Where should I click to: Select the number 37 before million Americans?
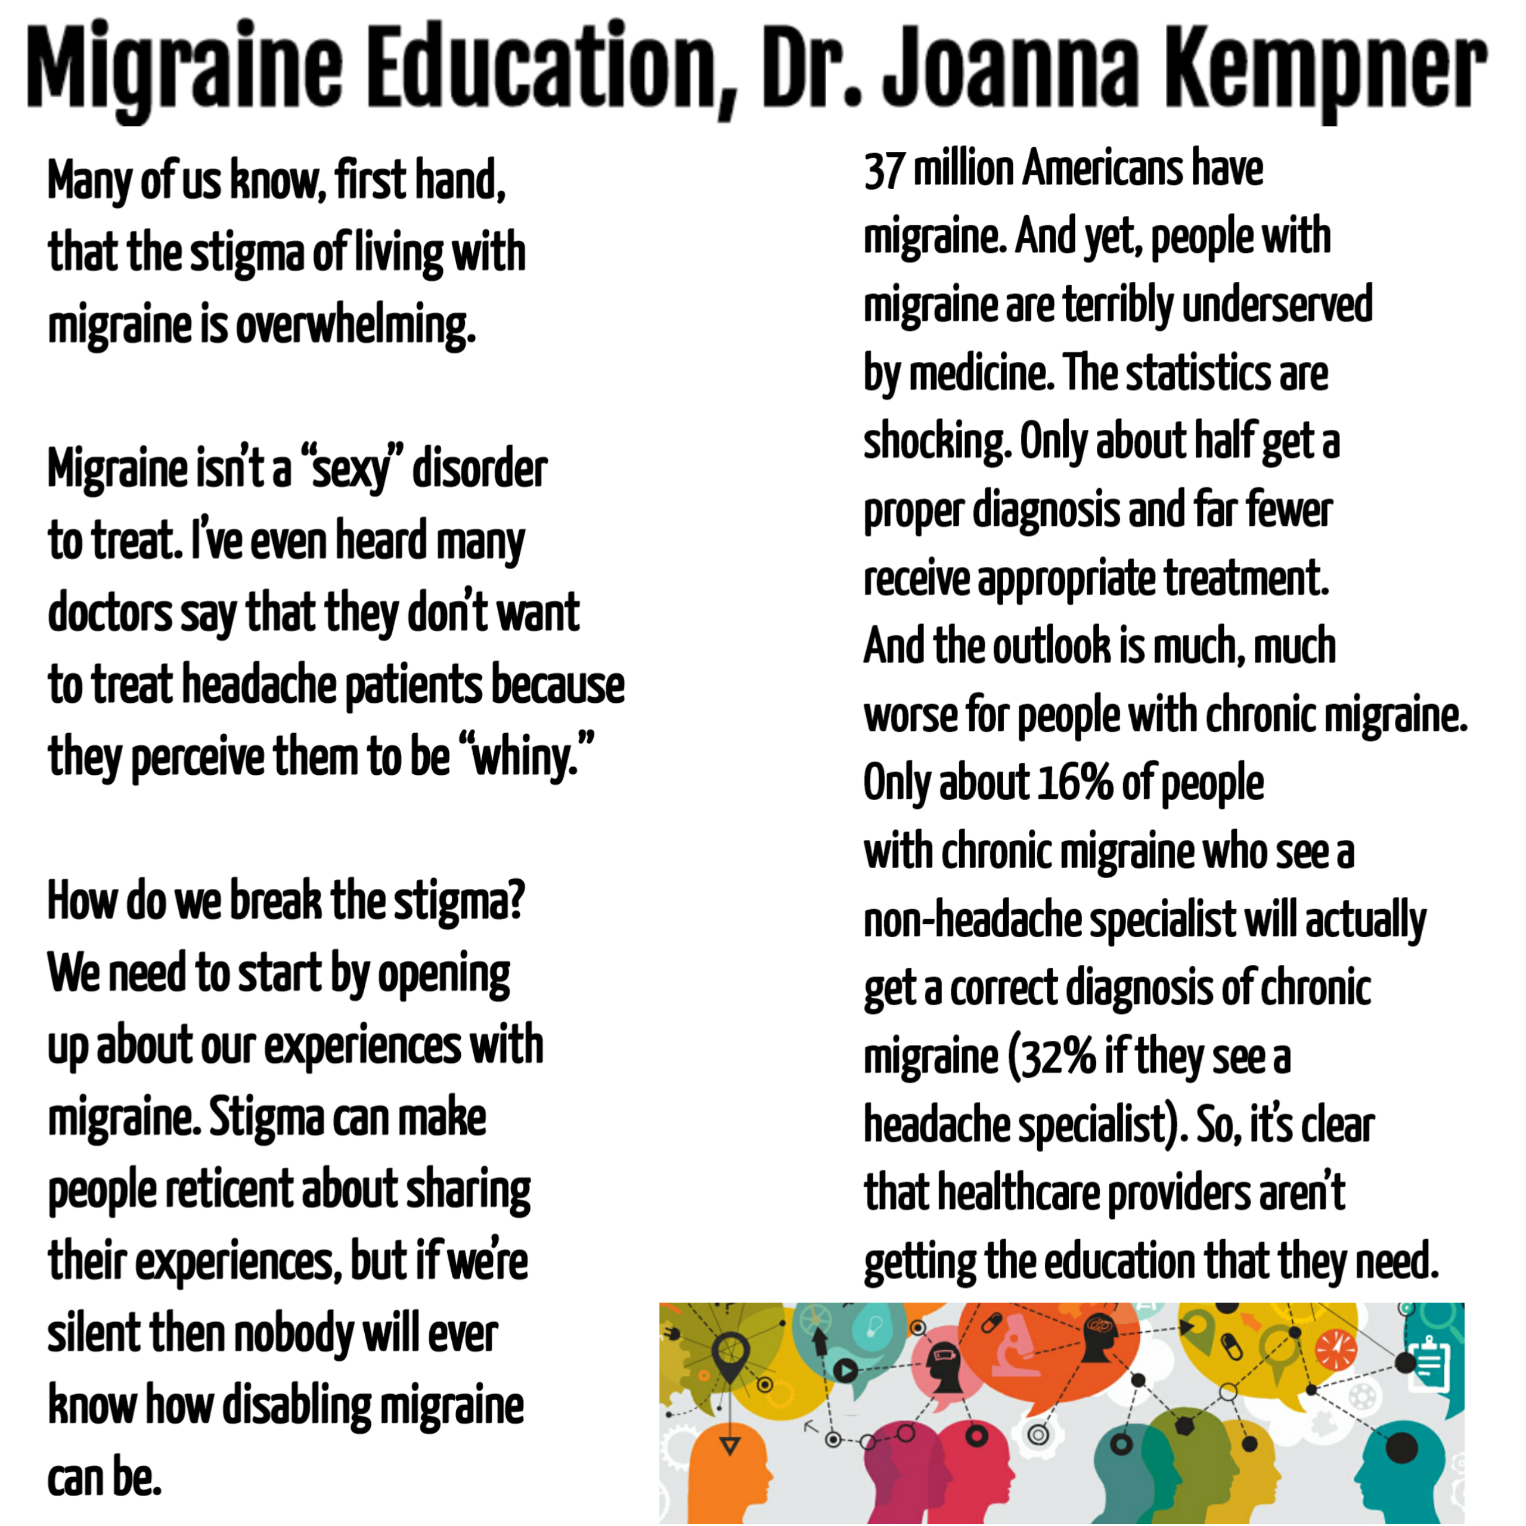883,170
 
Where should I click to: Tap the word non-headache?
972,921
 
